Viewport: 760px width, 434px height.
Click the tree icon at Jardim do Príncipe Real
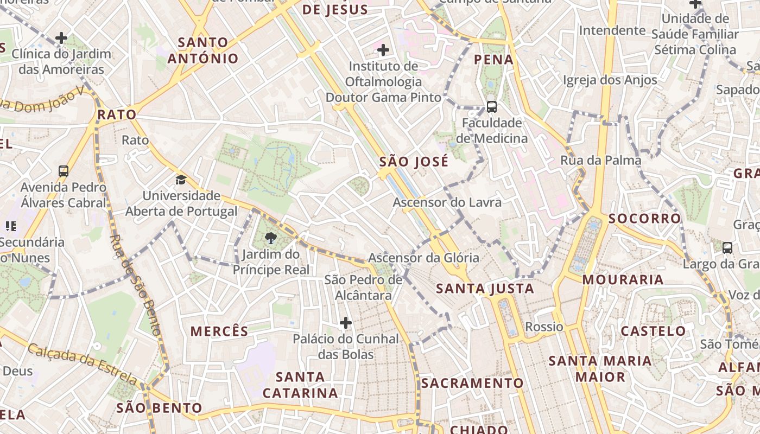(x=270, y=238)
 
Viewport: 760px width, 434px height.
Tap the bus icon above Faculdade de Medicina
(x=492, y=106)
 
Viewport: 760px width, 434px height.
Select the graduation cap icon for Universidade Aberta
(x=181, y=180)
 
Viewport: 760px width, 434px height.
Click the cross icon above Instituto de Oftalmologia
(x=383, y=50)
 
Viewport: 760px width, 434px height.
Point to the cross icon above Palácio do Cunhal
(x=346, y=323)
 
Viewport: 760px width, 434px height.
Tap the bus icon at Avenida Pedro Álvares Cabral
(x=64, y=171)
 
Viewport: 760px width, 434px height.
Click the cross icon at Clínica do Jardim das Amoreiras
(x=61, y=38)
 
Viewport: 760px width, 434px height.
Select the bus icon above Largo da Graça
(x=727, y=248)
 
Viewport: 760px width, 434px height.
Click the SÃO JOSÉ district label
(x=414, y=162)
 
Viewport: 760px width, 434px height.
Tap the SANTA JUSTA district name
(x=485, y=289)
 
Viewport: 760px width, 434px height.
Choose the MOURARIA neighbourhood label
(x=623, y=280)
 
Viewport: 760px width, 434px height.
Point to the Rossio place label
(x=544, y=327)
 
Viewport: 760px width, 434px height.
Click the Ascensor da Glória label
(x=423, y=258)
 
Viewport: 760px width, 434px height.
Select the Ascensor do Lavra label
(x=446, y=202)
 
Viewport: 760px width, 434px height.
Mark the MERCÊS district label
(x=219, y=331)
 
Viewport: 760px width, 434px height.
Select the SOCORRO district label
(x=644, y=219)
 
